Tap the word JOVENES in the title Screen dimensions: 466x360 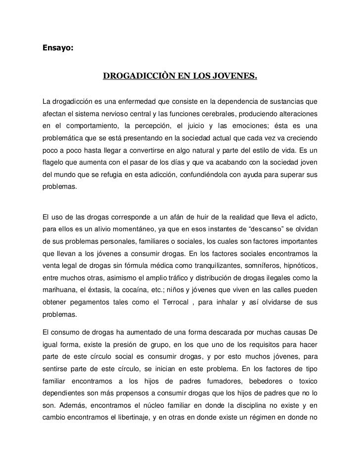[236, 77]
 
